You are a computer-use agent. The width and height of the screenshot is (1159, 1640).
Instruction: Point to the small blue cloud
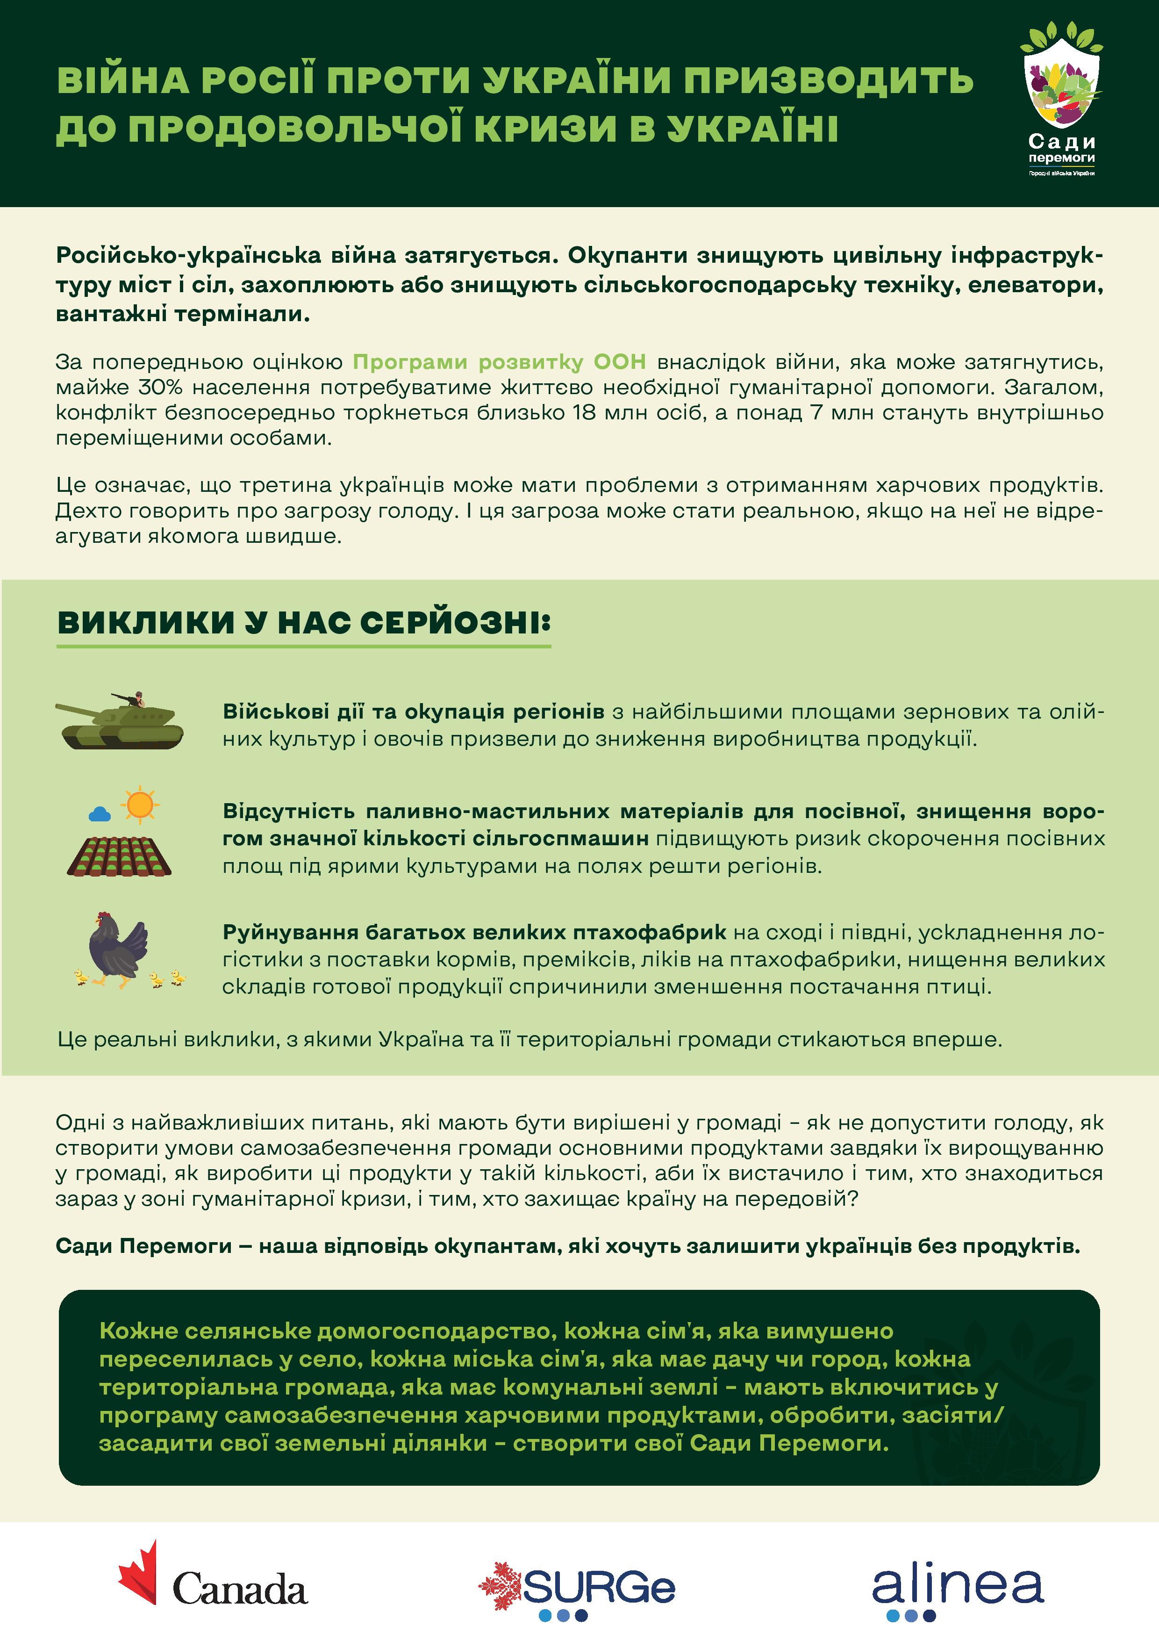tap(99, 813)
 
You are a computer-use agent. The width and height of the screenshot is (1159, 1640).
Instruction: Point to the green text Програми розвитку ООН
tap(499, 362)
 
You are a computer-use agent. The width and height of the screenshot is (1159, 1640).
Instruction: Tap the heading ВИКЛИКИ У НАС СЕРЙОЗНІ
tap(303, 623)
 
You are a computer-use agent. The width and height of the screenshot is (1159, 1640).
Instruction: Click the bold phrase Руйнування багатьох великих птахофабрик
tap(474, 932)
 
